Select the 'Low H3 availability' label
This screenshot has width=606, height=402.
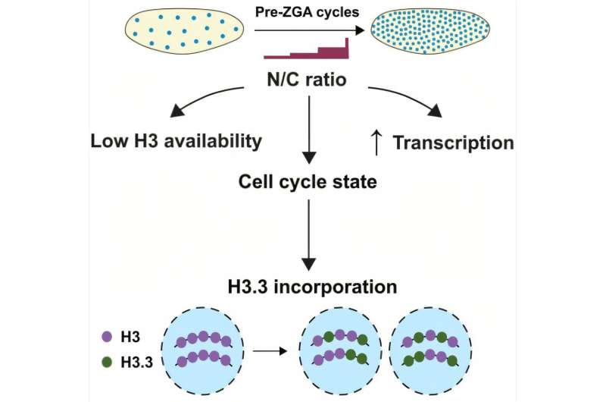[x=176, y=140]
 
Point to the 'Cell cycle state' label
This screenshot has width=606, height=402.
[x=308, y=183]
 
